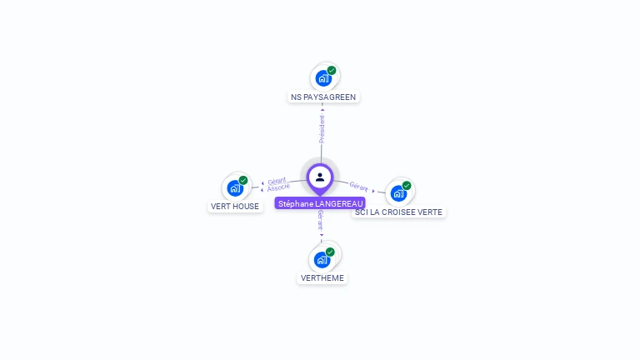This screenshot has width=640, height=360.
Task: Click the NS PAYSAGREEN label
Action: click(322, 97)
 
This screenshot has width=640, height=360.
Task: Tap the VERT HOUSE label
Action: click(234, 206)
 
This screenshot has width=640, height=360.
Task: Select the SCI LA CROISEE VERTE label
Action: click(398, 212)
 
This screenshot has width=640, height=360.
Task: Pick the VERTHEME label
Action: click(322, 277)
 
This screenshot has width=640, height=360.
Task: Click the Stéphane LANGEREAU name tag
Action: click(320, 203)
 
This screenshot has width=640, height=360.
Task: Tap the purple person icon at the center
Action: click(320, 177)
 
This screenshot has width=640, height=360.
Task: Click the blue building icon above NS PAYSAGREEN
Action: click(322, 78)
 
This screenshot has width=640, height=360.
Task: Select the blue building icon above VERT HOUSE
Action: click(234, 188)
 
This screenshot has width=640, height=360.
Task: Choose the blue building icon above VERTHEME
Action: click(322, 259)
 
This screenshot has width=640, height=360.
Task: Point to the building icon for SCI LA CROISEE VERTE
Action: click(398, 193)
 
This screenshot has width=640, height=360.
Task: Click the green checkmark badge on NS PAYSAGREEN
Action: click(332, 71)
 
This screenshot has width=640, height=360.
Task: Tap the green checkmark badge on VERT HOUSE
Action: click(243, 180)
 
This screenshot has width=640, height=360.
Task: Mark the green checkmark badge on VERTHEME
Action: click(330, 252)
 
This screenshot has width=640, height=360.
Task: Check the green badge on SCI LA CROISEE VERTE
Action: click(407, 186)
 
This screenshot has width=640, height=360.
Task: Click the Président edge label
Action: click(322, 128)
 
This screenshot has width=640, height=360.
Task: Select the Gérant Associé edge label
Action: click(278, 184)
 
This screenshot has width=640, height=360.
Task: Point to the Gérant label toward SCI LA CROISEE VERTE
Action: click(359, 187)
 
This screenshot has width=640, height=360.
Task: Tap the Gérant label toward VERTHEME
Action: click(321, 219)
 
